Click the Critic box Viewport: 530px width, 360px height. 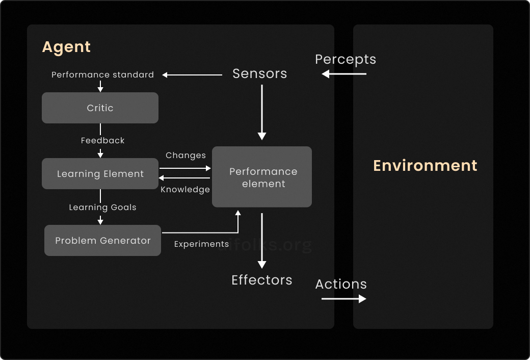100,108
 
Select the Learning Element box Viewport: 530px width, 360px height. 100,173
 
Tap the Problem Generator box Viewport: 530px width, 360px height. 103,241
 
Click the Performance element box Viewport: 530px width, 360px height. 262,177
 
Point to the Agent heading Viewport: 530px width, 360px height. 66,47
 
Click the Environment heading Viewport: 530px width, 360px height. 425,165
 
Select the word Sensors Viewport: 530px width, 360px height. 259,74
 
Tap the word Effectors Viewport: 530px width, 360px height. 262,280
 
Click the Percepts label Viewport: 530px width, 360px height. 346,60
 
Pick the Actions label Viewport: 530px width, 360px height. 341,284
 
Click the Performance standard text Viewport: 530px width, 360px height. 102,75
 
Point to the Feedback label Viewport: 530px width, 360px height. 102,140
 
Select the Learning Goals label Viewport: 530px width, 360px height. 102,208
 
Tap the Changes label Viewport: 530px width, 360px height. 185,156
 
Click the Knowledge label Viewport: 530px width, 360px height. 185,190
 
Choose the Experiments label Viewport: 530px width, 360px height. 201,244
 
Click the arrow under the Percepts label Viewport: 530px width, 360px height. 344,74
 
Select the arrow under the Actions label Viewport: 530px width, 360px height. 344,299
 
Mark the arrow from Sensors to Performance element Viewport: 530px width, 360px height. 262,112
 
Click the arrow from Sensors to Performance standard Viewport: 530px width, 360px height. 192,75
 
